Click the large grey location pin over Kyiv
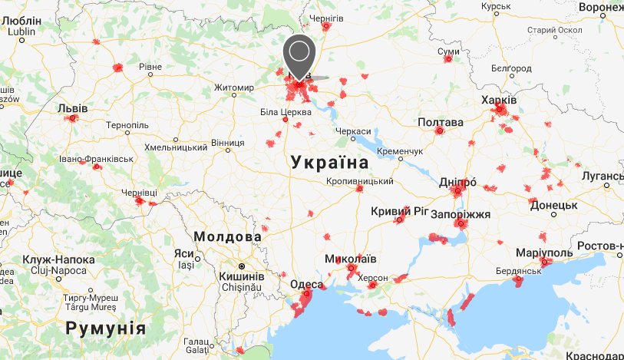click(300, 53)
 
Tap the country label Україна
click(330, 163)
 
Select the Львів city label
click(73, 108)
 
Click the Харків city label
click(499, 101)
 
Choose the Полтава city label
click(441, 122)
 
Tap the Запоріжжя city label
click(461, 213)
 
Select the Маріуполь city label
click(545, 253)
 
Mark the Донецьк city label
click(553, 206)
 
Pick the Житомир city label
click(234, 88)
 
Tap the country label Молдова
click(228, 236)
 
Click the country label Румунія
click(105, 329)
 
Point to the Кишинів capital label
click(243, 276)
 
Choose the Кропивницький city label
click(360, 181)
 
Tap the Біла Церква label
click(286, 112)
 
